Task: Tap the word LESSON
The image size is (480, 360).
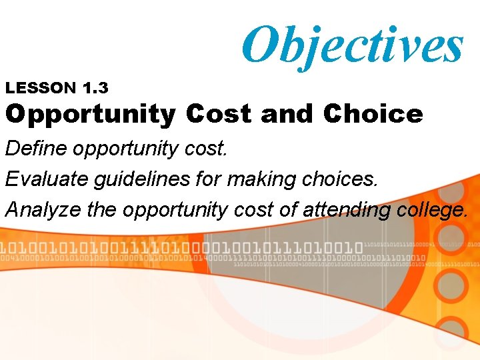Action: pyautogui.click(x=41, y=87)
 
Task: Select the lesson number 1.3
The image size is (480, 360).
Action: pyautogui.click(x=95, y=87)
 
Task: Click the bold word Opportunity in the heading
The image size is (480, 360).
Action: pyautogui.click(x=90, y=115)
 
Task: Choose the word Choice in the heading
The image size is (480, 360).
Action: pyautogui.click(x=373, y=114)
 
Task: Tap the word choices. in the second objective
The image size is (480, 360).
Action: pyautogui.click(x=340, y=179)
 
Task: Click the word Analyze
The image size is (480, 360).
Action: pyautogui.click(x=43, y=210)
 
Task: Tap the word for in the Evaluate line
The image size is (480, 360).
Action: pyautogui.click(x=209, y=179)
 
